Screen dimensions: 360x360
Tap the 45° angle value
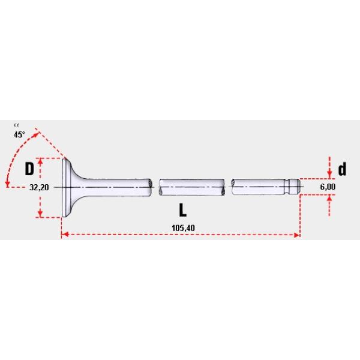(19, 135)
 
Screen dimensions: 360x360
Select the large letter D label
(29, 169)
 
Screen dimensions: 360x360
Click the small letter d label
(342, 169)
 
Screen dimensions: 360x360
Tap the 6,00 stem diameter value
(328, 187)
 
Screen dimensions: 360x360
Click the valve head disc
(65, 187)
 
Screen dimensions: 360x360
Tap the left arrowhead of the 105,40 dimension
(64, 236)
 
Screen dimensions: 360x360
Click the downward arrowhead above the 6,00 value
(329, 174)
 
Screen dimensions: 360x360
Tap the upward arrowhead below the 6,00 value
(329, 200)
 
